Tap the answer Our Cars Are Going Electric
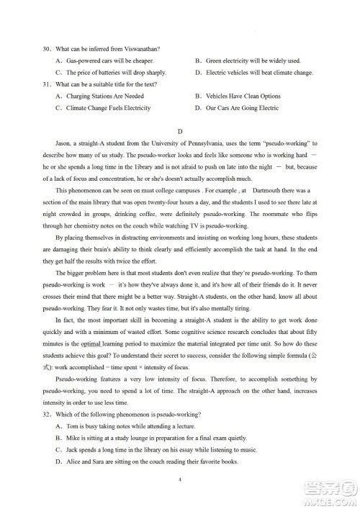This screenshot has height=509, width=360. pyautogui.click(x=242, y=108)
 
